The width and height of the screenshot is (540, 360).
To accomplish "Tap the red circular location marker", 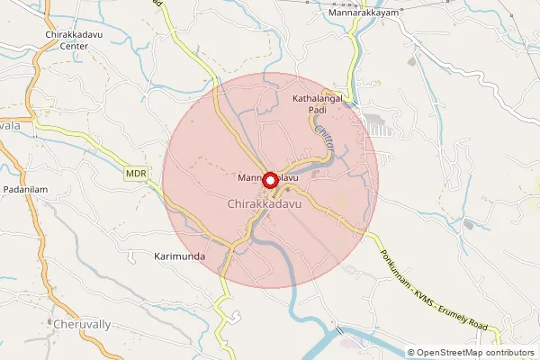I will (x=269, y=179).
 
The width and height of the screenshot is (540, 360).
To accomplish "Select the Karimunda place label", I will (x=175, y=256).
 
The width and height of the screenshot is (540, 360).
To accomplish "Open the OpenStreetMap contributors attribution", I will (x=471, y=353).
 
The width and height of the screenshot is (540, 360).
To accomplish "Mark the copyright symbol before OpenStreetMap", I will (x=411, y=353).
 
